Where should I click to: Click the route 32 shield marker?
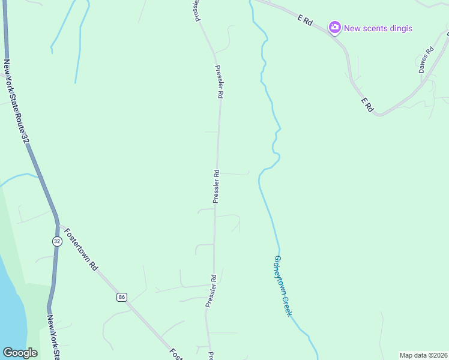(56, 241)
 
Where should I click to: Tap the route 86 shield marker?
(122, 297)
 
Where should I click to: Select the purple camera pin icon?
(334, 27)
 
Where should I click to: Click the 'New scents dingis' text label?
(378, 28)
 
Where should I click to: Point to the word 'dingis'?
(400, 28)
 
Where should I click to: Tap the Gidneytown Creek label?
(283, 286)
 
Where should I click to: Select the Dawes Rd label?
(426, 61)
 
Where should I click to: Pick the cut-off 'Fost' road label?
(176, 354)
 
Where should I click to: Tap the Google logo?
(20, 353)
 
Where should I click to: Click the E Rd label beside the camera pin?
(306, 20)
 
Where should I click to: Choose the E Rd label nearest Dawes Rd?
(367, 105)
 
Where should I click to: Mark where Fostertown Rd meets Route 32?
(58, 224)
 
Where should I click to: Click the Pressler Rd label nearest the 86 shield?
(211, 291)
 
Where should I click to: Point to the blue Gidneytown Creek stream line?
(269, 204)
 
